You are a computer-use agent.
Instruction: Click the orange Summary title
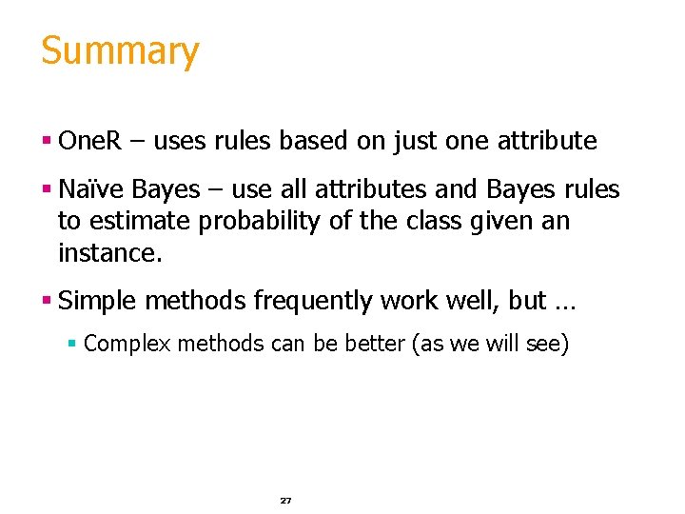(x=120, y=51)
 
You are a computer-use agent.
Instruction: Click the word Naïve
(x=91, y=189)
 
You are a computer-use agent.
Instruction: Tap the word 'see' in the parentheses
(x=544, y=344)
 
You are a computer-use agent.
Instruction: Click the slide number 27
(x=285, y=500)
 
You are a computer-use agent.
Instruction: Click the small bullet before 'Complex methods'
(x=72, y=344)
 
